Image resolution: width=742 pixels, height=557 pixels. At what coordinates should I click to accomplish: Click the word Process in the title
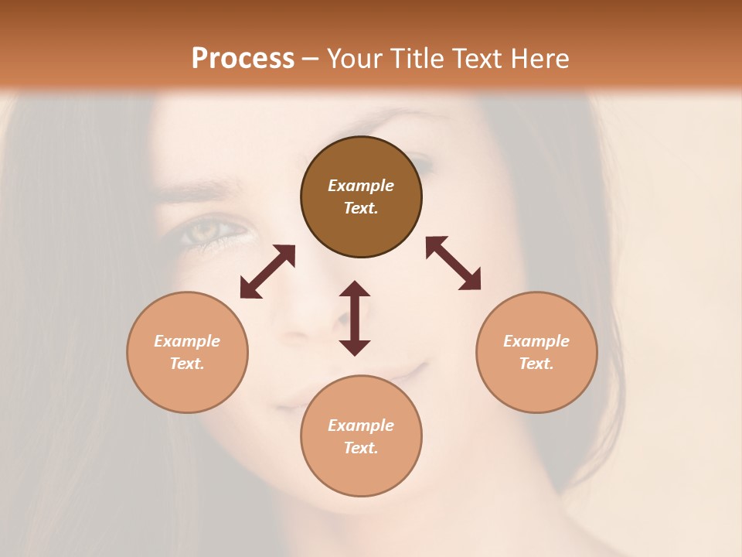[243, 59]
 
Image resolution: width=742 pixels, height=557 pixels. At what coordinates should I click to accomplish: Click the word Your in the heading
[354, 59]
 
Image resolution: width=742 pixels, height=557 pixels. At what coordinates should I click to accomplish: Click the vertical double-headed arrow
[355, 318]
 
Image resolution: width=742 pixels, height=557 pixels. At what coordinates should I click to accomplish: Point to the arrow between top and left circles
[267, 272]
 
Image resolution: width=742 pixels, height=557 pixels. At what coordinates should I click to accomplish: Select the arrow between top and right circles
[454, 263]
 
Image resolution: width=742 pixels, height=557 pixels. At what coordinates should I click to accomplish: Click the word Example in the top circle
[361, 186]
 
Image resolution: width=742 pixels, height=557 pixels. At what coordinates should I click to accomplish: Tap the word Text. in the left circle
[187, 364]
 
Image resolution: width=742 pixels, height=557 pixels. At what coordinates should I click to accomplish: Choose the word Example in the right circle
[536, 341]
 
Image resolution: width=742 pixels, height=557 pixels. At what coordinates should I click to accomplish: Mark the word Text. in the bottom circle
[361, 448]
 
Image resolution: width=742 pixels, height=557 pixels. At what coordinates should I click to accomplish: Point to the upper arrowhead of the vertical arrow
[355, 289]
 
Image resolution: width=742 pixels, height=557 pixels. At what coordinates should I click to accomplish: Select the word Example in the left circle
[187, 341]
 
